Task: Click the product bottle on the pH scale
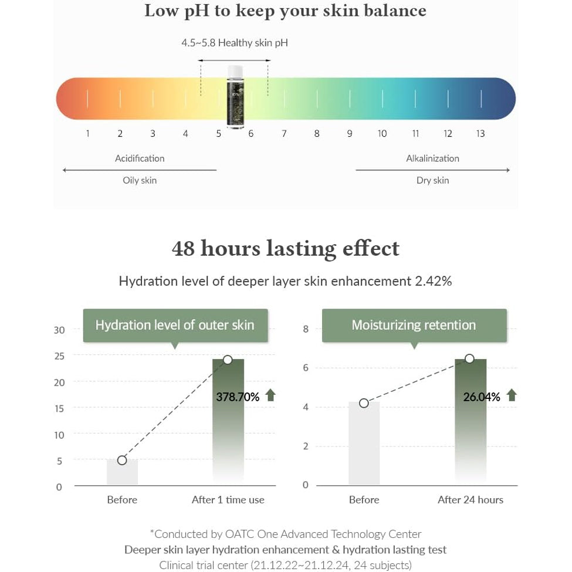235,96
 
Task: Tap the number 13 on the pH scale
480,134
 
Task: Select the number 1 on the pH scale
87,134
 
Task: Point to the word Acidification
140,158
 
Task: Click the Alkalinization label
432,158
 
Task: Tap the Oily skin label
140,180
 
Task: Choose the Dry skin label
432,180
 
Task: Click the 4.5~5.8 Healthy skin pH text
235,43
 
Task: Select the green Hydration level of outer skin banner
175,325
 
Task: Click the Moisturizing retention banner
414,325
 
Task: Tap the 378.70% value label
238,397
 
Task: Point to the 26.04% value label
482,397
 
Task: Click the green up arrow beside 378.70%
270,395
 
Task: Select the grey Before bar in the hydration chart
122,473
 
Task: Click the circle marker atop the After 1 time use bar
228,360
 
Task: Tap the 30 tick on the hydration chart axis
59,330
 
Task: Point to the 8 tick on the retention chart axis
306,329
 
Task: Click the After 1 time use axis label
228,500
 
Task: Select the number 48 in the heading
183,248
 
